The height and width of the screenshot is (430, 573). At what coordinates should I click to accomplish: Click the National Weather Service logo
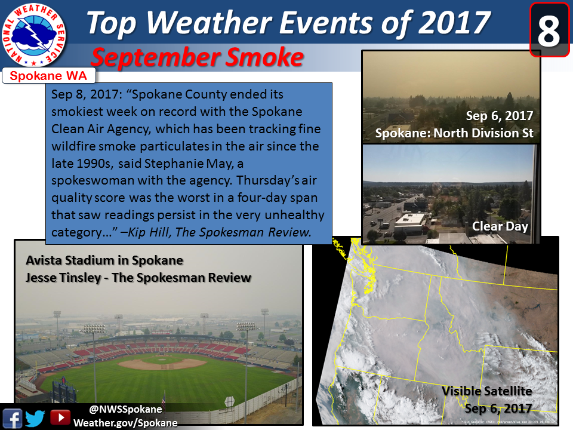tap(33, 35)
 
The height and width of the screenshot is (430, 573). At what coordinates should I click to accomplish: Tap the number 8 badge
tap(549, 30)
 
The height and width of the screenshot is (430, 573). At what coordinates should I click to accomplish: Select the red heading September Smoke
tap(198, 58)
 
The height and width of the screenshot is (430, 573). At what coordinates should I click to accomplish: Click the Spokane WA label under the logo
tap(48, 76)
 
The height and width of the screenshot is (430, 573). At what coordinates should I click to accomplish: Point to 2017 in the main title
tap(454, 23)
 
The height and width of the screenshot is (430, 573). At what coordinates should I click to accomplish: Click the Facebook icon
tap(13, 418)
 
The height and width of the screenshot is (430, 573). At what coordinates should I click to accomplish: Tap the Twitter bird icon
tap(35, 418)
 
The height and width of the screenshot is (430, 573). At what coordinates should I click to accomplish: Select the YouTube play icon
tap(60, 417)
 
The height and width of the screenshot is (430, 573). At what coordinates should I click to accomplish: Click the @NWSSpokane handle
tap(125, 409)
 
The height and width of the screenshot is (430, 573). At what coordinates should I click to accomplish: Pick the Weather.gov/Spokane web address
tap(125, 423)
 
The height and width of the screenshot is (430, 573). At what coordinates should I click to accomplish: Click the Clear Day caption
tap(500, 226)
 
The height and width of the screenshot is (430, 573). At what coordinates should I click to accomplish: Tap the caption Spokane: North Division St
tap(454, 133)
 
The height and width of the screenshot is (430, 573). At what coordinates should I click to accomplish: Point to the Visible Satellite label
tap(487, 391)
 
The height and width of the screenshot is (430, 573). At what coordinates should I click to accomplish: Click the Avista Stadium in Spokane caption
tap(104, 260)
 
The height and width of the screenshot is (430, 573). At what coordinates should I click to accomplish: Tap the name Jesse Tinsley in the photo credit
tap(63, 278)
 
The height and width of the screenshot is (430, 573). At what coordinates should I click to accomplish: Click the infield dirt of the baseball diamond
tap(162, 364)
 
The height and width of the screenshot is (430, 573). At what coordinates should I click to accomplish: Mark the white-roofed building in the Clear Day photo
tap(409, 223)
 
